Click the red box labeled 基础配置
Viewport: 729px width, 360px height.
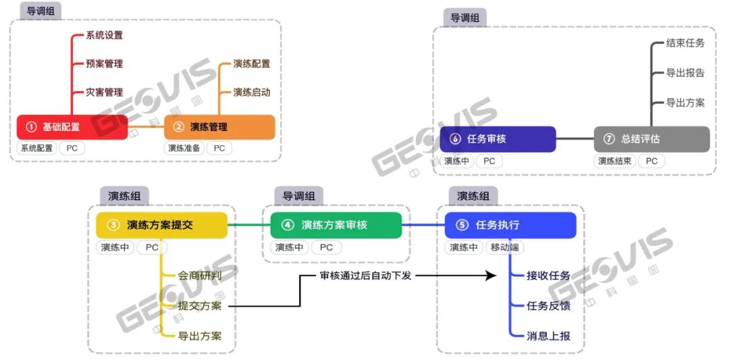(72, 127)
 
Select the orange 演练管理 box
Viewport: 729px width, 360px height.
(219, 127)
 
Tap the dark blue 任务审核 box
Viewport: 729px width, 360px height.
(497, 139)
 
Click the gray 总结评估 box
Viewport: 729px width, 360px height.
(651, 139)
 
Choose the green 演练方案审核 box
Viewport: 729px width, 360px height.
(335, 225)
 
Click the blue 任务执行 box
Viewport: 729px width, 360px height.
(510, 225)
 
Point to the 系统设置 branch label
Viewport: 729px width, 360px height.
(105, 35)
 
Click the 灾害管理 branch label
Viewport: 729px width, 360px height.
(105, 92)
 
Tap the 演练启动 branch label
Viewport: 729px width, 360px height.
(252, 92)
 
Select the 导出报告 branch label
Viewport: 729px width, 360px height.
(685, 73)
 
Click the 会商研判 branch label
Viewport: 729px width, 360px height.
(199, 276)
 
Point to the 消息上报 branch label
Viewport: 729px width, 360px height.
(548, 335)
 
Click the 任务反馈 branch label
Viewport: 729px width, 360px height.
(548, 305)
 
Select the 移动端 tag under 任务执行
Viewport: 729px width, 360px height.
(504, 247)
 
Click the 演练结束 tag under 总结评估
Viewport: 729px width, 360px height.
(615, 161)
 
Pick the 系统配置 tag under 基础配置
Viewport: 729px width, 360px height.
(36, 148)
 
